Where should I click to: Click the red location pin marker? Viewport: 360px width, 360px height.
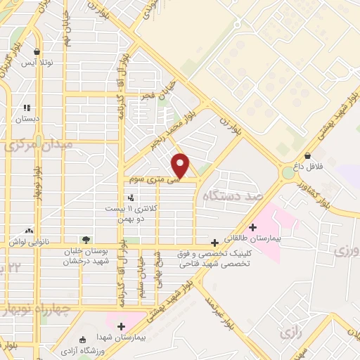click(x=181, y=165)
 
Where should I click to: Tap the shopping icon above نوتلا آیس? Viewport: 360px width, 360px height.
click(x=37, y=51)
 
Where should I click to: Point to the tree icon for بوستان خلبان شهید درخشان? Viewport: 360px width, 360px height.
click(x=86, y=240)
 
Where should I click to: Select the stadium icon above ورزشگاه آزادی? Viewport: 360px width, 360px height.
click(x=84, y=340)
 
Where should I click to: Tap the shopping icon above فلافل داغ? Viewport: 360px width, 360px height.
click(x=308, y=156)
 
